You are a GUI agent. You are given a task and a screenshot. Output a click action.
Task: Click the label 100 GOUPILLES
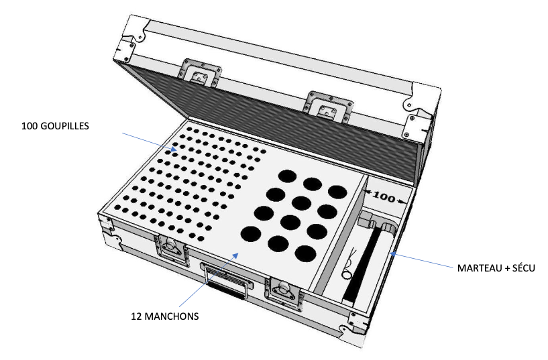[x=55, y=126]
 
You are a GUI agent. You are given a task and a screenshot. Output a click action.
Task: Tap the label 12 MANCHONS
[x=165, y=316]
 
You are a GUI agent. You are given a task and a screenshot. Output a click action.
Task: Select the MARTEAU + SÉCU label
[x=496, y=268]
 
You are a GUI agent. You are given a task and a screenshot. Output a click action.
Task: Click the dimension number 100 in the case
[x=384, y=197]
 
